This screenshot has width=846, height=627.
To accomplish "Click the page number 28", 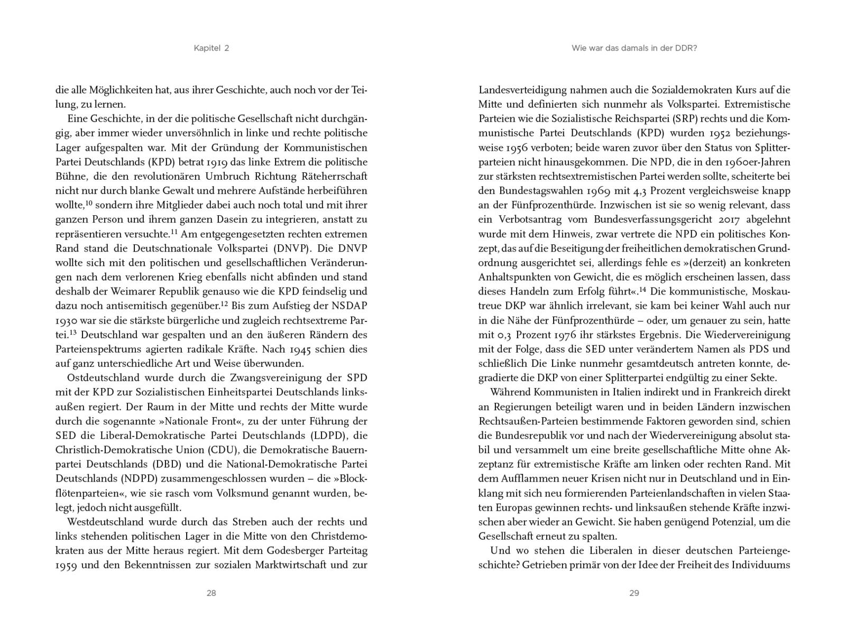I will click(x=211, y=593).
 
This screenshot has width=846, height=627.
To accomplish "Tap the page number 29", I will click(x=634, y=593).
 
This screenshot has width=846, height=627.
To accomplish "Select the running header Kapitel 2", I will click(x=211, y=48).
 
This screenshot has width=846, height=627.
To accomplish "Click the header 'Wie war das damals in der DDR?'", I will click(x=634, y=48).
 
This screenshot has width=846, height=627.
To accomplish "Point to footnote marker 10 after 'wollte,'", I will click(x=89, y=203).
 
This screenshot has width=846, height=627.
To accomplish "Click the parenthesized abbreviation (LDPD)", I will click(x=321, y=436).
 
